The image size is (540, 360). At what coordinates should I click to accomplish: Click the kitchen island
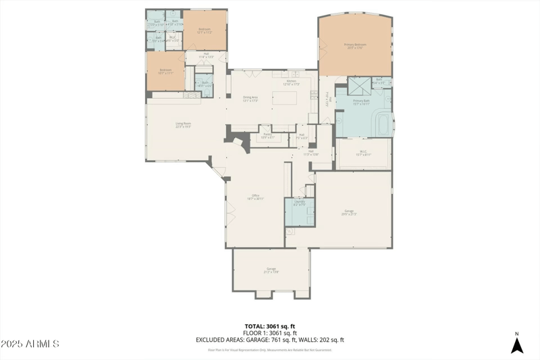click(x=284, y=99)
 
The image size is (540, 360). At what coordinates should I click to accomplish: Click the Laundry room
click(x=299, y=212)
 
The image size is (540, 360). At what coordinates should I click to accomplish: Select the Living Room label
click(x=183, y=124)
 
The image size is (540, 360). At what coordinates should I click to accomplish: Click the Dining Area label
click(x=250, y=99)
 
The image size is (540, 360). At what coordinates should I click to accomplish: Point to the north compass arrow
click(x=516, y=345)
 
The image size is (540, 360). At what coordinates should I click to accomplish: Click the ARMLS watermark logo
click(x=30, y=344)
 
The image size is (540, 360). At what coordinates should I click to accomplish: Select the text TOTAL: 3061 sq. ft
click(x=269, y=326)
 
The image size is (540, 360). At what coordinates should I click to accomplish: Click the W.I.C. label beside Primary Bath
click(x=363, y=153)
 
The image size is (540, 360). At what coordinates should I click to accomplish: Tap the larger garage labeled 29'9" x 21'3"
click(x=349, y=212)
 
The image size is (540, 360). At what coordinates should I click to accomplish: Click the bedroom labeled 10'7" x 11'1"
click(x=165, y=71)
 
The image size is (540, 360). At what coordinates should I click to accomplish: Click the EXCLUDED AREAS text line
click(x=269, y=340)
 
